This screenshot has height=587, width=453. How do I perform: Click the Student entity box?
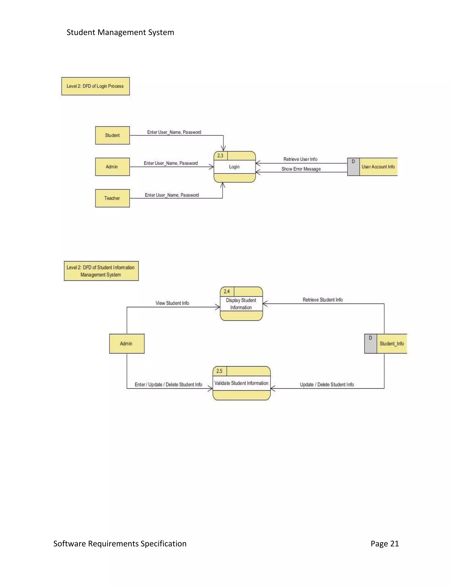[112, 135]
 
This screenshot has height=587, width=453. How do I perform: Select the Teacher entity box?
[112, 198]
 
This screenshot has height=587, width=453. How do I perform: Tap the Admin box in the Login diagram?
[112, 167]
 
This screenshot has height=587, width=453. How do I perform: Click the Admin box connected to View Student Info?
[127, 344]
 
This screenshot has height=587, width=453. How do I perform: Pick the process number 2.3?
[220, 156]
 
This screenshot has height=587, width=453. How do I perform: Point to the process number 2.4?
[227, 291]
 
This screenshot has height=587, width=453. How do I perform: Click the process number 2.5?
[219, 371]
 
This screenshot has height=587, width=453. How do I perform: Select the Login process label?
[234, 167]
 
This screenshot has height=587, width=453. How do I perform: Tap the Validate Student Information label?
[241, 383]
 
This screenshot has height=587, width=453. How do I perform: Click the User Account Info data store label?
[378, 167]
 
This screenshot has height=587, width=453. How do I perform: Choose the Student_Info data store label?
[392, 344]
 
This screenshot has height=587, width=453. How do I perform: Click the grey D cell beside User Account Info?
[353, 167]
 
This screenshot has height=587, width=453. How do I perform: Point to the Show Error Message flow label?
[301, 169]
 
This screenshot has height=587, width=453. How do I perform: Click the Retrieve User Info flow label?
[300, 159]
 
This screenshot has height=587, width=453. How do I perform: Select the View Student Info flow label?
[172, 303]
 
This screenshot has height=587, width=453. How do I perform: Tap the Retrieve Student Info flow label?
[322, 300]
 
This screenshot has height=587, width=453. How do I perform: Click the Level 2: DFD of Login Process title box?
[96, 86]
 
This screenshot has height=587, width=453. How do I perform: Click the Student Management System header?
[120, 32]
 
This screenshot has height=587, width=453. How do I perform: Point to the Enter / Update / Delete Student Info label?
[168, 384]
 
